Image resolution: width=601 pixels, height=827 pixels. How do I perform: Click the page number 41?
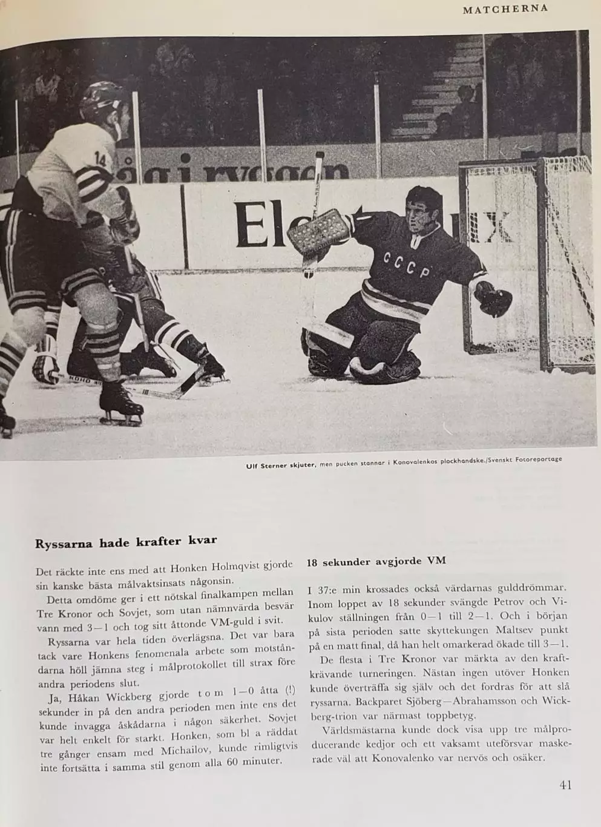click(565, 785)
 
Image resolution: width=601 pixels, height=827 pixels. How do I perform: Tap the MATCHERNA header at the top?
click(505, 8)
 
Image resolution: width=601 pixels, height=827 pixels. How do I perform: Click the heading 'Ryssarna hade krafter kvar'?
click(126, 541)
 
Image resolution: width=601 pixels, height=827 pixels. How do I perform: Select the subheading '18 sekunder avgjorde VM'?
click(376, 561)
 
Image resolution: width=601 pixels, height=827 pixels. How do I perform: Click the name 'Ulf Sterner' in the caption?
click(270, 466)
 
